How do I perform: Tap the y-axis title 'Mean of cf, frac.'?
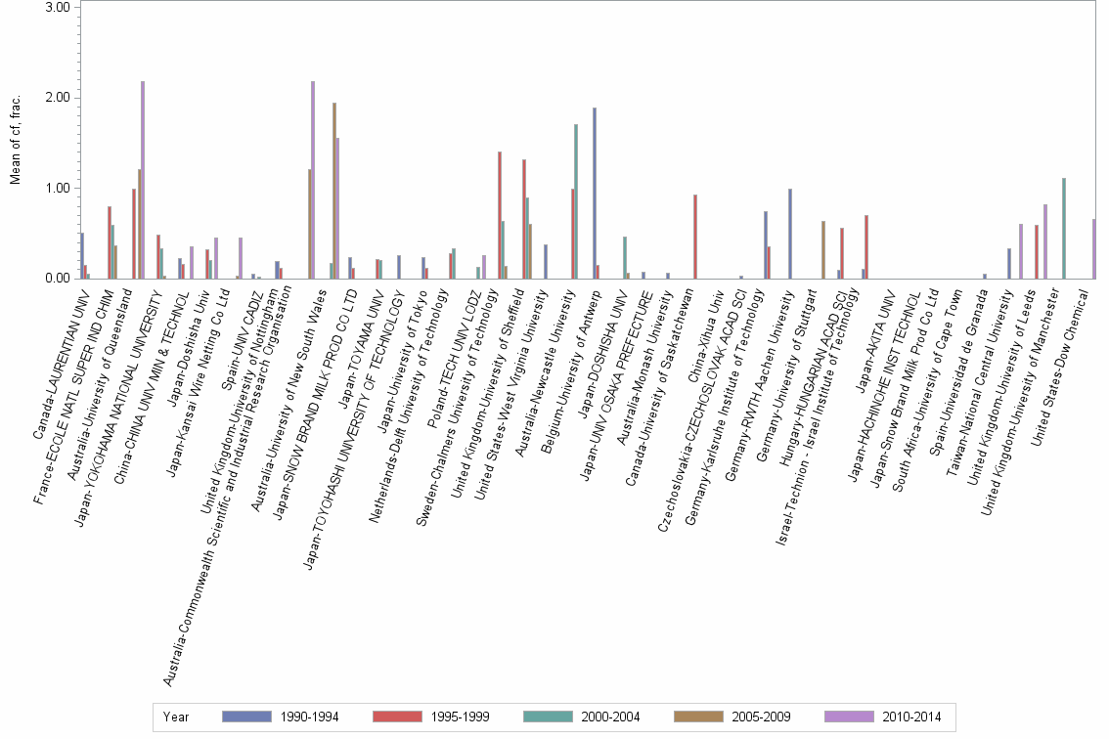[14, 143]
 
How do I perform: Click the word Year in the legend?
[177, 717]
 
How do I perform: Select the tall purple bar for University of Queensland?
[143, 180]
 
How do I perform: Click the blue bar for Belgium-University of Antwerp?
[594, 194]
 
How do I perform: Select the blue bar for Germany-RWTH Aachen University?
[789, 234]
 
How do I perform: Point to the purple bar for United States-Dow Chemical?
[1093, 249]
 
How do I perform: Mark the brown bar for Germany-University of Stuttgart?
[822, 250]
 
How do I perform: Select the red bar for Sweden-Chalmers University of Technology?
[500, 215]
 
